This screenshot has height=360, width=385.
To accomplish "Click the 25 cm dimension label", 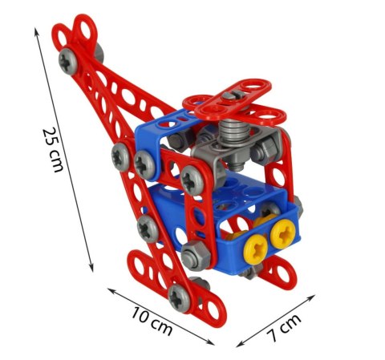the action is click(x=53, y=150).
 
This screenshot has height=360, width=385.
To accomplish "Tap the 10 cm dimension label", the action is click(x=152, y=321).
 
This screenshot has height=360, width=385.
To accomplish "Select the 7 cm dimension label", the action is click(x=284, y=328).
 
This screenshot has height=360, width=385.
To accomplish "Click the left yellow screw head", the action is click(x=256, y=249).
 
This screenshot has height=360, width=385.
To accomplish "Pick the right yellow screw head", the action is click(x=282, y=234).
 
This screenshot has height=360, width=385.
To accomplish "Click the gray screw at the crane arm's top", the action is click(x=68, y=61).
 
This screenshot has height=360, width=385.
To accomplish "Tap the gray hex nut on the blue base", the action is click(x=196, y=255).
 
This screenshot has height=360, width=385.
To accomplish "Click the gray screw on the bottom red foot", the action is click(x=180, y=298).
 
